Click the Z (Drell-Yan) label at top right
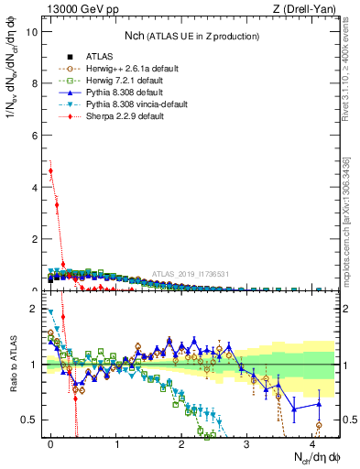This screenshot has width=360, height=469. point(306,8)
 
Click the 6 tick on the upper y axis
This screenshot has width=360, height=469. point(33,135)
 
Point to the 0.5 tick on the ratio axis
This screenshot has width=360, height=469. point(29,420)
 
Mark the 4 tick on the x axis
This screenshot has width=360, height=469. point(312,443)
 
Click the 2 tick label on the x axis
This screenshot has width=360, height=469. point(181,443)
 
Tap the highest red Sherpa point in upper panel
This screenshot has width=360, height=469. point(50,170)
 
